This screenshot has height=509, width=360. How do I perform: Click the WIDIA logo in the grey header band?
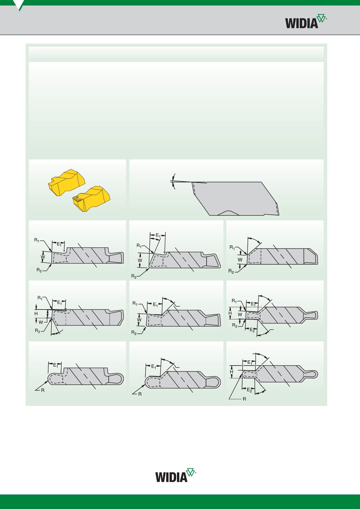point(306,21)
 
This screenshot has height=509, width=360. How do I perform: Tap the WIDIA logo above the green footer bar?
point(175,475)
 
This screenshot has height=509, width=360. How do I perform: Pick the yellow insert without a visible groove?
point(67,182)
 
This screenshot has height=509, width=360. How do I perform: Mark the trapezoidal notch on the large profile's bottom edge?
point(228,213)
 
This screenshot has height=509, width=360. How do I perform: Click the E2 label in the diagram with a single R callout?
point(249,390)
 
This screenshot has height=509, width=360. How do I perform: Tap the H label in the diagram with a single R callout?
point(232,372)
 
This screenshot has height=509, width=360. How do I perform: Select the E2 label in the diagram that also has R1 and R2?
point(252,330)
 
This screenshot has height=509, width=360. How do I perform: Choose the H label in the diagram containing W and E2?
point(230,313)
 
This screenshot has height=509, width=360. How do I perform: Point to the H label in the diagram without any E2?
point(36,314)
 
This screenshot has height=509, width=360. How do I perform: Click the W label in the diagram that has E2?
point(240,314)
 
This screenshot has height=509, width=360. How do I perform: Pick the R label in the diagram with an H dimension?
point(244,399)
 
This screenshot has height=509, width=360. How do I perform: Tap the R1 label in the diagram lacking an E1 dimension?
point(232,247)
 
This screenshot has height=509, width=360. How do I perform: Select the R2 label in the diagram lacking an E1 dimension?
point(231,271)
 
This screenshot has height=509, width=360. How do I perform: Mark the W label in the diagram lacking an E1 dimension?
point(240,260)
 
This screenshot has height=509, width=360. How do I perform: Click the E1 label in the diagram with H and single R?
point(250,362)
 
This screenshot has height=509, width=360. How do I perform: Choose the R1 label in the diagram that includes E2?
point(234,301)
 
